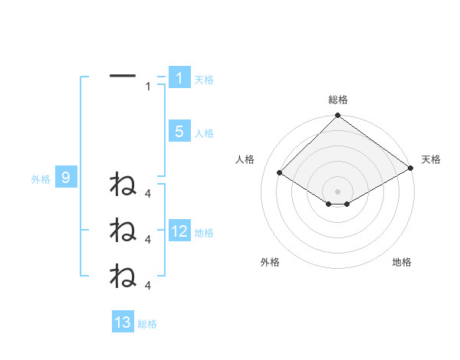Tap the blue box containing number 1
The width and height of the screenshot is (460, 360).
coord(179,78)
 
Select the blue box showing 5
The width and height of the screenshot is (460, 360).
coord(179,132)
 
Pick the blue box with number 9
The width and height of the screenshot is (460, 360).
coord(66,178)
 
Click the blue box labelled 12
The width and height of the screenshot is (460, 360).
coord(179,231)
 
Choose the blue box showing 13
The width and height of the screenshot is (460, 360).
coord(123,322)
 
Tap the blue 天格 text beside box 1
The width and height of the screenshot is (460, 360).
coord(204,79)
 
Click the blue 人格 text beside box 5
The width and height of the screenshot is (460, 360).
coord(204,133)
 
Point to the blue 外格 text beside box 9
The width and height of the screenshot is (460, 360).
coord(41,179)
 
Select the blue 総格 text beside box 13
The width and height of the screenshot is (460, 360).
coord(147,324)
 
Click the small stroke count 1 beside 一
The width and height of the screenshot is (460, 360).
coord(149,87)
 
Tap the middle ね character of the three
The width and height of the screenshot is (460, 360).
coord(123,229)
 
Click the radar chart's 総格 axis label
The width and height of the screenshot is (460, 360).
coord(338,100)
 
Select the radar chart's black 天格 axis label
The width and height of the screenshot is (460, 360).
coord(432,159)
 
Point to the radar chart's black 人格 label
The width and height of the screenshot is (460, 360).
coord(245,159)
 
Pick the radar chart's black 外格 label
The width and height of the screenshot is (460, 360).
coord(270,262)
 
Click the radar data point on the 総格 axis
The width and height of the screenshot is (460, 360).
coord(338,116)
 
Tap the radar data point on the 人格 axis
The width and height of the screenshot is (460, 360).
coord(280,173)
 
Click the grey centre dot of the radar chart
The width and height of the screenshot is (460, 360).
coord(338,191)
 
